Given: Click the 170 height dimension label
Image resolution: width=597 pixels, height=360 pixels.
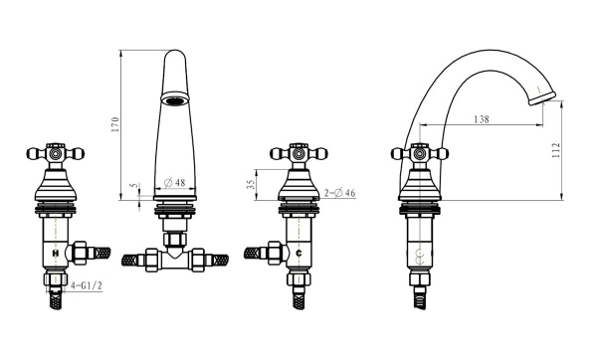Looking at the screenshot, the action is pos(115,124).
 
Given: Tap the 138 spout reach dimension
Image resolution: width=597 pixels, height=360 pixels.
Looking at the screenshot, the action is pos(482,119).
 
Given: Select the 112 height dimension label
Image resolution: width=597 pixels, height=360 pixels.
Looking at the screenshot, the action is pos(556,150).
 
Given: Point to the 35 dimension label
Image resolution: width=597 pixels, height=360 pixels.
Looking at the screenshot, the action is pos(251,185).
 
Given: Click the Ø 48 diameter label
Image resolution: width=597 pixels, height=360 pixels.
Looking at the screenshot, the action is pos(175,183).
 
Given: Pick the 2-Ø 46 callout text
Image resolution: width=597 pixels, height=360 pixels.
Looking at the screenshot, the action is pos(340,193).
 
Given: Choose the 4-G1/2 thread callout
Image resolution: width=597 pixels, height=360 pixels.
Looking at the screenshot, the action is pos(87,285).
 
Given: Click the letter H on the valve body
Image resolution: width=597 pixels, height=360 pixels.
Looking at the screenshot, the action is pos(56,253).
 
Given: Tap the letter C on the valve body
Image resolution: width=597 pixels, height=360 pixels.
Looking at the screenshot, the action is pos(298,253).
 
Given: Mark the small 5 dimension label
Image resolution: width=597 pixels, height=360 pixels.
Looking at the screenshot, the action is pos(133,185).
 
